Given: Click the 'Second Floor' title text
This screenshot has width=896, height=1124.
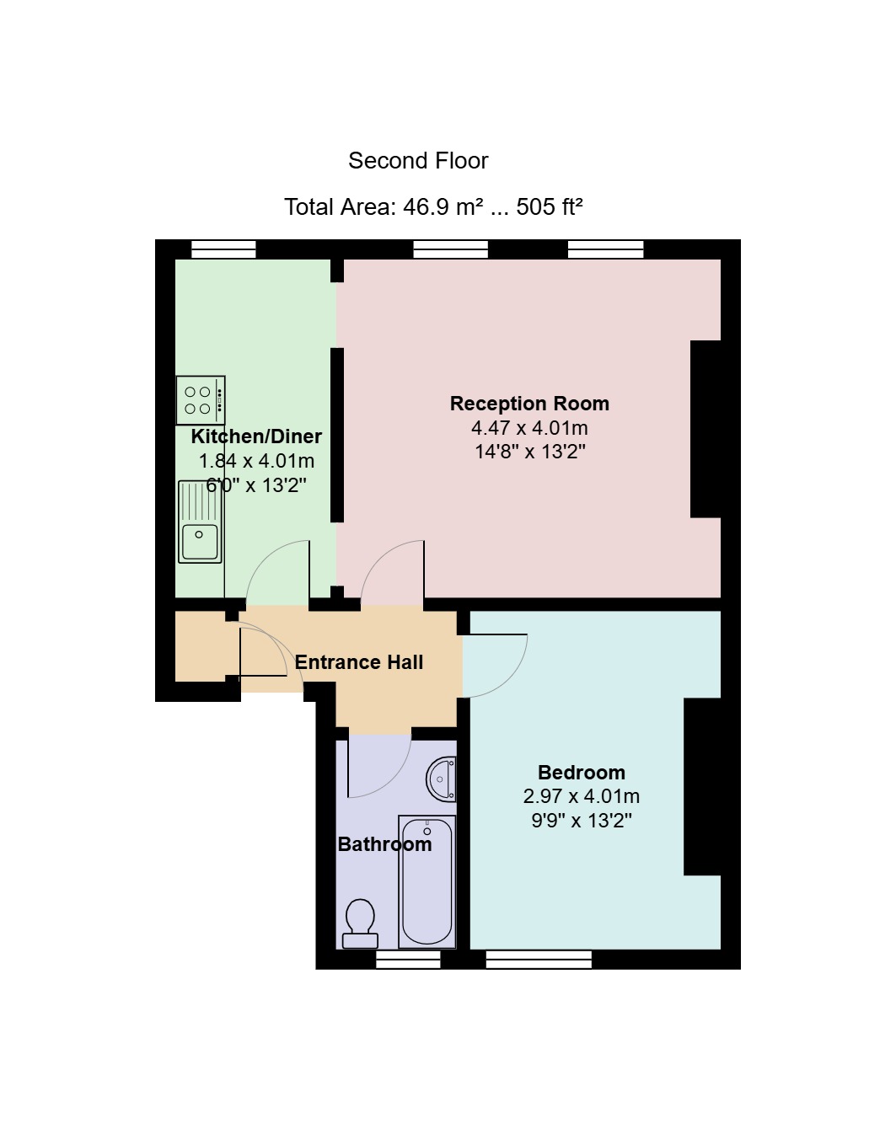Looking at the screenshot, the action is tap(418, 161).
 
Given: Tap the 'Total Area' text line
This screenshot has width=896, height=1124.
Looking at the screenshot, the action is tap(433, 206).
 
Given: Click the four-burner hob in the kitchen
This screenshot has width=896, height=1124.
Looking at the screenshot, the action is tap(201, 400).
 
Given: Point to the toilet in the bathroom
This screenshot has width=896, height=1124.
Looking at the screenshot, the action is tap(360, 923).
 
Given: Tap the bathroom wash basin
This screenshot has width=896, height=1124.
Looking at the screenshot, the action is tap(443, 779).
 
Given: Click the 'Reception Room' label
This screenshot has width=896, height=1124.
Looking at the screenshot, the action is tap(529, 404).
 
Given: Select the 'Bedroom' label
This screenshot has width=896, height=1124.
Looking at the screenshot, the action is tap(581, 773).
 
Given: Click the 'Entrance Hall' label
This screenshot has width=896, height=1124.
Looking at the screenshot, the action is tap(359, 662).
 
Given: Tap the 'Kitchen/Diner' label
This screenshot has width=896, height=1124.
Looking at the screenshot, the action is tap(256, 436).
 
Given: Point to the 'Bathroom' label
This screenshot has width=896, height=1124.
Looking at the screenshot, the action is tap(384, 844).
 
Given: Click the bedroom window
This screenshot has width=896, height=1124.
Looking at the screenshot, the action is tap(539, 959).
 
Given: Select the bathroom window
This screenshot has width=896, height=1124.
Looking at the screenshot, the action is tap(408, 959).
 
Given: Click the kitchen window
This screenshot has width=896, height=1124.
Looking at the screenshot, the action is tap(223, 249).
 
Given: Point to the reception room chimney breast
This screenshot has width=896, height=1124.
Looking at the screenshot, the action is tap(706, 429).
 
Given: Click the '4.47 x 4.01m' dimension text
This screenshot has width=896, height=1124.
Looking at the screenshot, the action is tap(529, 428).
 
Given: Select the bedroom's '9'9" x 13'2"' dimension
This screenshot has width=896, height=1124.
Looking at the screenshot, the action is tap(581, 821).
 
